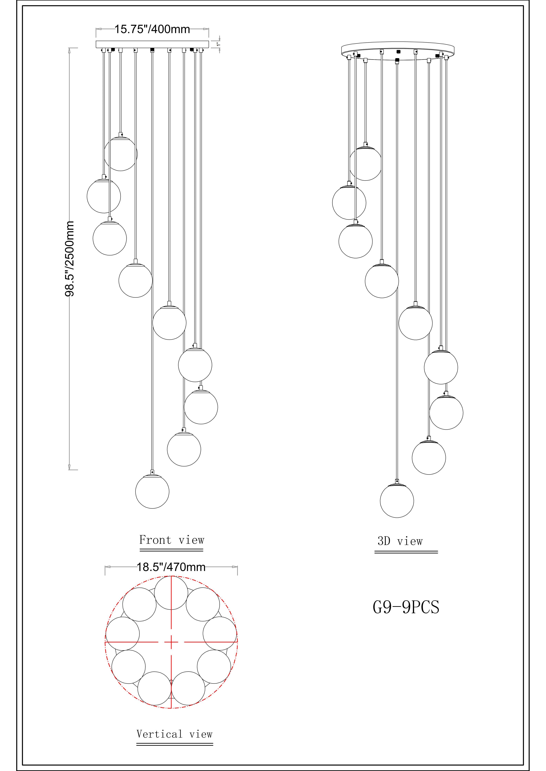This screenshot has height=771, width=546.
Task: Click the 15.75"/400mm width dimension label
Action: [x=152, y=30]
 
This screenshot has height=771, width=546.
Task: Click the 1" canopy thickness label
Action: [x=219, y=44]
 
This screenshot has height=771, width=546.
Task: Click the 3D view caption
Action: [x=400, y=541]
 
